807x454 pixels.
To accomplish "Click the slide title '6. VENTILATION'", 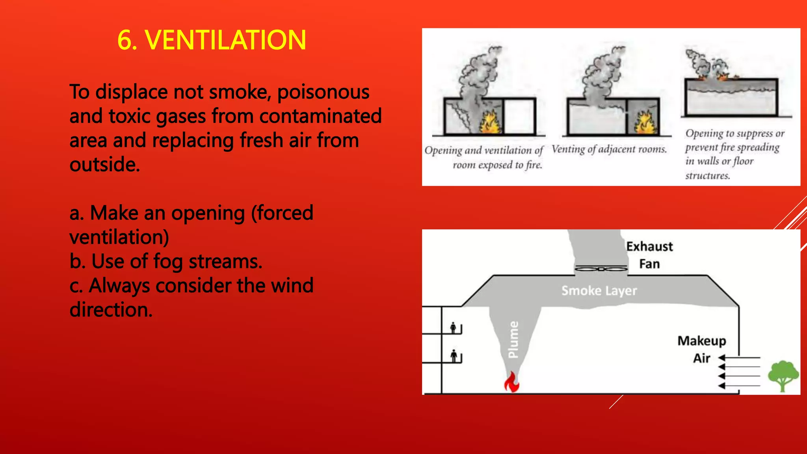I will (212, 40).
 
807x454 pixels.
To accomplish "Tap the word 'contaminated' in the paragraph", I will (320, 116).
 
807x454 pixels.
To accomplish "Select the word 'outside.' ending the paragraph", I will (105, 165).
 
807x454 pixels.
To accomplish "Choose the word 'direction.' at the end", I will (111, 310).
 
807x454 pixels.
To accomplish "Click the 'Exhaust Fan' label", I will (649, 255).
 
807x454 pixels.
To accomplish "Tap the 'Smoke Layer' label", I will (599, 291).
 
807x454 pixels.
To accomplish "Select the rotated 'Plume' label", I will (513, 339).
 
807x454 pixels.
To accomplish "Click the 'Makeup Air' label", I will (702, 349).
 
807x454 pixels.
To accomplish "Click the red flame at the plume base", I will (512, 382).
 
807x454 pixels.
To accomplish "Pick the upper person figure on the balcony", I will (454, 327).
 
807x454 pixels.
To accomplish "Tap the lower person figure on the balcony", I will (454, 356).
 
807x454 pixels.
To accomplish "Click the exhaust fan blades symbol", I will (601, 269).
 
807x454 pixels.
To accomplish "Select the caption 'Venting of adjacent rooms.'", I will (609, 149).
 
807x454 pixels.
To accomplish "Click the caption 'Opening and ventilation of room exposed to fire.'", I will (484, 157).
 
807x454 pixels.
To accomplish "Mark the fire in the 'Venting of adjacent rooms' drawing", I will (645, 123).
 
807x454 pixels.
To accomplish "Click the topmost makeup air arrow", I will (739, 358).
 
